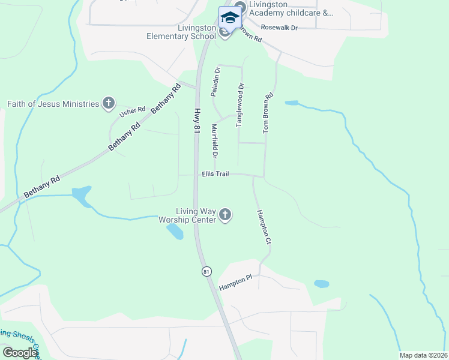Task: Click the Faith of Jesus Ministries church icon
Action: [x=109, y=104]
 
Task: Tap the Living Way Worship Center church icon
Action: [x=225, y=215]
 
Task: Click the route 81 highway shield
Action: [x=206, y=271]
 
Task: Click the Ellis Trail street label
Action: [x=215, y=174]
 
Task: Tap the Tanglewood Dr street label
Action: [x=240, y=104]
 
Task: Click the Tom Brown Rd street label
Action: [x=268, y=113]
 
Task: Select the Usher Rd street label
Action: [x=133, y=110]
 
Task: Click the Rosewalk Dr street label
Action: [x=279, y=28]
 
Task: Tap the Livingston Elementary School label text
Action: [x=180, y=32]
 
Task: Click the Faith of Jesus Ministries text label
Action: [x=53, y=104]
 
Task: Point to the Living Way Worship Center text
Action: [x=187, y=215]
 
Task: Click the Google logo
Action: [x=20, y=353]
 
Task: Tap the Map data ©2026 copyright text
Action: [x=423, y=355]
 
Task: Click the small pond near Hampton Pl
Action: [x=321, y=284]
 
